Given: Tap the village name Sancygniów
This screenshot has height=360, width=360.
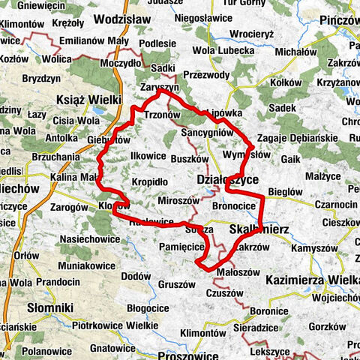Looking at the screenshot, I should pyautogui.click(x=207, y=132).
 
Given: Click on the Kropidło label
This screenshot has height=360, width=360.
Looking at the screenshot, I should pyautogui.click(x=149, y=181).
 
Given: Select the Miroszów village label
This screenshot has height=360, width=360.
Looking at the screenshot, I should pyautogui.click(x=178, y=202).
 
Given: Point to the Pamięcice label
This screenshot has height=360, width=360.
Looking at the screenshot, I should pyautogui.click(x=182, y=245).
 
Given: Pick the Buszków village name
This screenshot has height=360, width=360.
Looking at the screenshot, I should pyautogui.click(x=189, y=159).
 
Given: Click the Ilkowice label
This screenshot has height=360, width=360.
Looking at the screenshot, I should pyautogui.click(x=148, y=154).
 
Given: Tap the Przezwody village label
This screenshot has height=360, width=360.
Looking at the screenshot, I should pyautogui.click(x=205, y=74).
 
